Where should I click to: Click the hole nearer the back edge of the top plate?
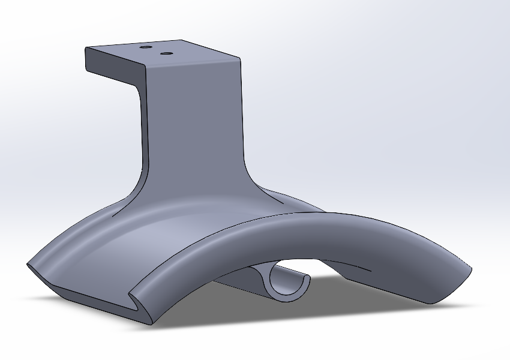coord(145,46)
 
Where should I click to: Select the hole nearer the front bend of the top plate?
coord(166,54)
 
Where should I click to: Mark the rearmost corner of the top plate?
coord(181,40)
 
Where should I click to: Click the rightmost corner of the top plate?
coord(241,58)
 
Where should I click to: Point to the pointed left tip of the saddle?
coord(28,264)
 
